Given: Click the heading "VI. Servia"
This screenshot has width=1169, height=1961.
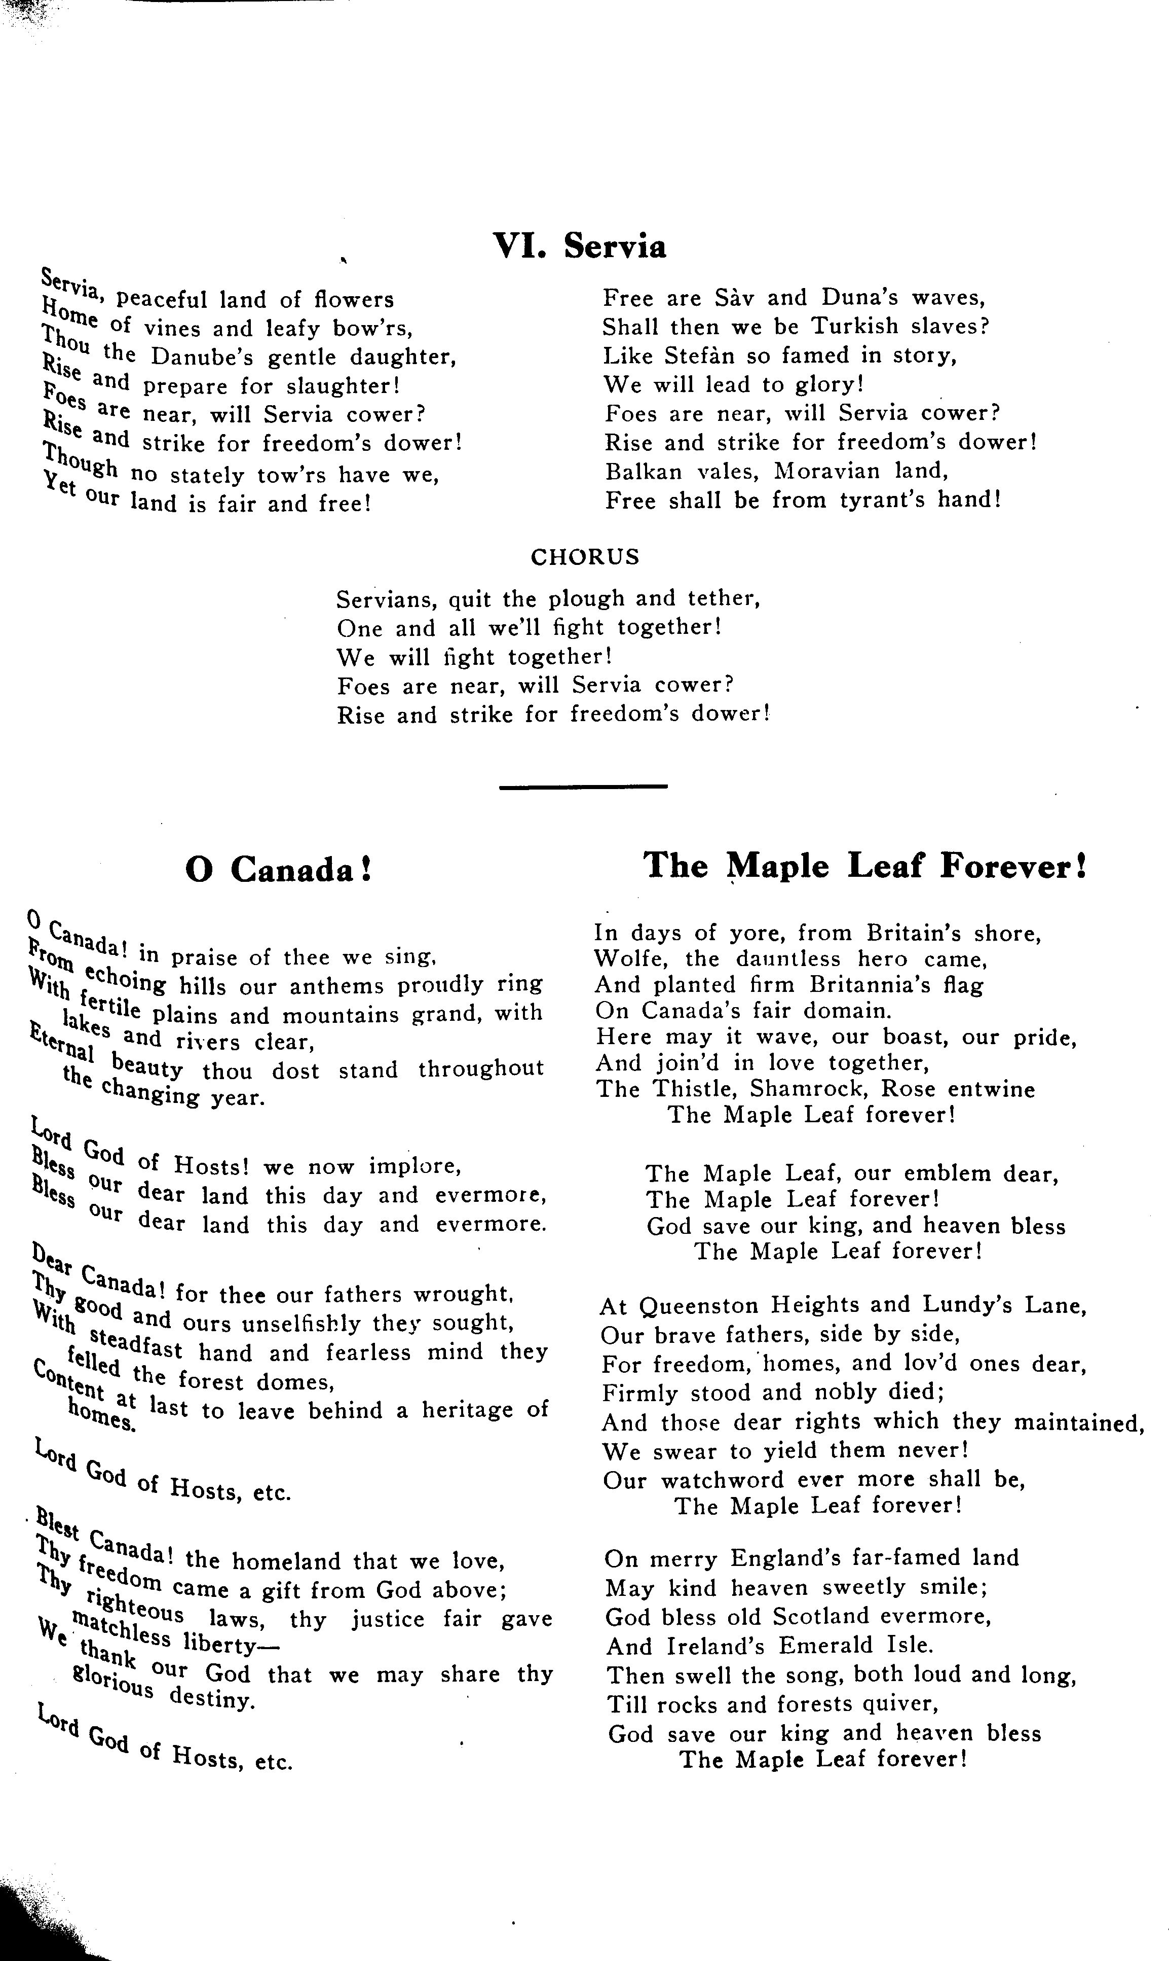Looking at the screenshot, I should click(579, 246).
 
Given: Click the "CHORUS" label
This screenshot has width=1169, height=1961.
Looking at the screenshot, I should click(585, 557).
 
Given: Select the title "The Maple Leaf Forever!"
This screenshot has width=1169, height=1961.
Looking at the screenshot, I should click(865, 866).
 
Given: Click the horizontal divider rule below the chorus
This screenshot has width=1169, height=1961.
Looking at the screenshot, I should click(584, 786).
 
